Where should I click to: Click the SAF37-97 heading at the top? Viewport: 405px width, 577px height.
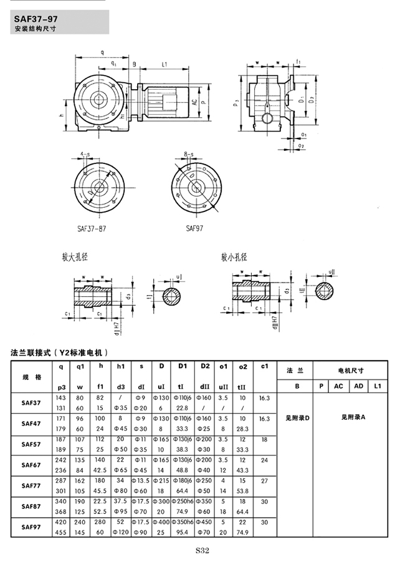pos(36,18)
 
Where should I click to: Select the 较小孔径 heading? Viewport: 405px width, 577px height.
pos(234,257)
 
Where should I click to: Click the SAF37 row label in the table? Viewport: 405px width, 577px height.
pos(31,402)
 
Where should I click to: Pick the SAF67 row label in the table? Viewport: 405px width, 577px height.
pos(31,465)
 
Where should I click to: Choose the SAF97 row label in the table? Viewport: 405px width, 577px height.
pos(31,527)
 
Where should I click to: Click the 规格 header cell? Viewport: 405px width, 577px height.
pos(31,377)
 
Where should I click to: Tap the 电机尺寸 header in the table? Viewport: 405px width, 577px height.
pos(350,371)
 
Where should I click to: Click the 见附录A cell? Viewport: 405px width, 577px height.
pos(351,416)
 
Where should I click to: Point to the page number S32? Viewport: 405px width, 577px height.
pos(202,550)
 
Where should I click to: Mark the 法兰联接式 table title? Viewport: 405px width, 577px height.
pos(60,352)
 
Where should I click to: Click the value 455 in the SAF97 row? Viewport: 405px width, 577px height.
pos(61,532)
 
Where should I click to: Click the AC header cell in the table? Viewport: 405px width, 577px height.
pos(338,386)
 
